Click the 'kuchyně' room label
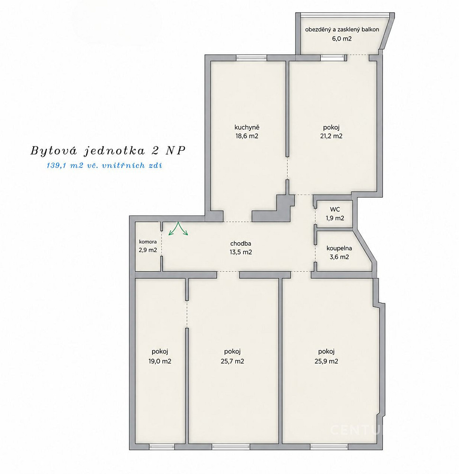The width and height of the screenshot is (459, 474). click(x=247, y=128)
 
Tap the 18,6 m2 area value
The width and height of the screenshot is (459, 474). click(x=247, y=136)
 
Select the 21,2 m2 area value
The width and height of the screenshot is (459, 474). click(x=331, y=136)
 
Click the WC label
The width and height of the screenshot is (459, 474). click(x=335, y=209)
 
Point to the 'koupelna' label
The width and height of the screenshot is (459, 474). click(x=339, y=248)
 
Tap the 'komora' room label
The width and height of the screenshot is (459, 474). click(x=148, y=242)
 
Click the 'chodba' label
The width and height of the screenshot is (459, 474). click(x=241, y=243)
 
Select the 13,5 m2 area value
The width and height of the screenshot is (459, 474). click(x=241, y=252)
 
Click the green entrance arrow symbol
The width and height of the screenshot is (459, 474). click(x=178, y=228)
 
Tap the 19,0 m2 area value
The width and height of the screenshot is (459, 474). click(x=160, y=361)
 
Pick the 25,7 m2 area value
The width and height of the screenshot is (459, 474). click(x=233, y=361)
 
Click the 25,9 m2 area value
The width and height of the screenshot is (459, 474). click(x=326, y=361)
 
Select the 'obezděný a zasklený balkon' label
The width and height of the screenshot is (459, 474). click(x=342, y=29)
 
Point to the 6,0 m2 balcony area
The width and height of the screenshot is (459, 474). click(x=342, y=39)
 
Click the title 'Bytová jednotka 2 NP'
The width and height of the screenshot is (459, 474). click(x=108, y=151)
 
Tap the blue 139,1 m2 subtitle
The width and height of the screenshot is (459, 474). click(x=104, y=165)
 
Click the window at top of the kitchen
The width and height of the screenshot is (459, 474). click(x=252, y=58)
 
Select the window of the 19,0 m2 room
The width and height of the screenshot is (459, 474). click(x=162, y=447)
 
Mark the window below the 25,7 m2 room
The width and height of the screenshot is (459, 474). click(x=231, y=447)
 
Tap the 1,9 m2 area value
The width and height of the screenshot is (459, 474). click(x=335, y=218)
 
